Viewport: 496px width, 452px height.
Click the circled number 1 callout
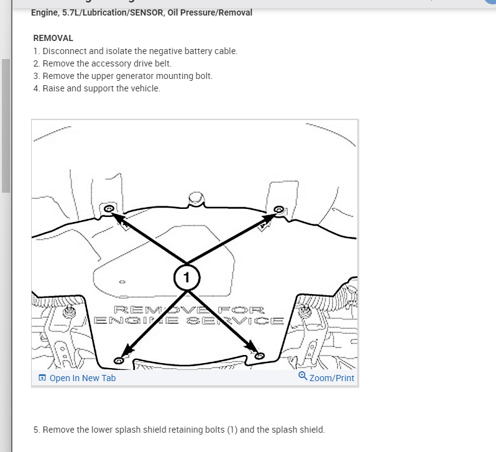[186, 276]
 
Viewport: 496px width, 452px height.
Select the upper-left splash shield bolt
[108, 209]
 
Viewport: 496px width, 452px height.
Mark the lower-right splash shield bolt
[260, 356]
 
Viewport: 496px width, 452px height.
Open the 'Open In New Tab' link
[83, 378]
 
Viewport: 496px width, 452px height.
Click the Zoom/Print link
[332, 378]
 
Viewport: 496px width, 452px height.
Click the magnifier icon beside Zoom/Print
[303, 377]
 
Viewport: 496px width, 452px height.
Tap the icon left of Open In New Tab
[42, 378]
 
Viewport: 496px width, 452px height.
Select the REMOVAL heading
[53, 38]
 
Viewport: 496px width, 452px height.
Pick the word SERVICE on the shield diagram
[249, 321]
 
